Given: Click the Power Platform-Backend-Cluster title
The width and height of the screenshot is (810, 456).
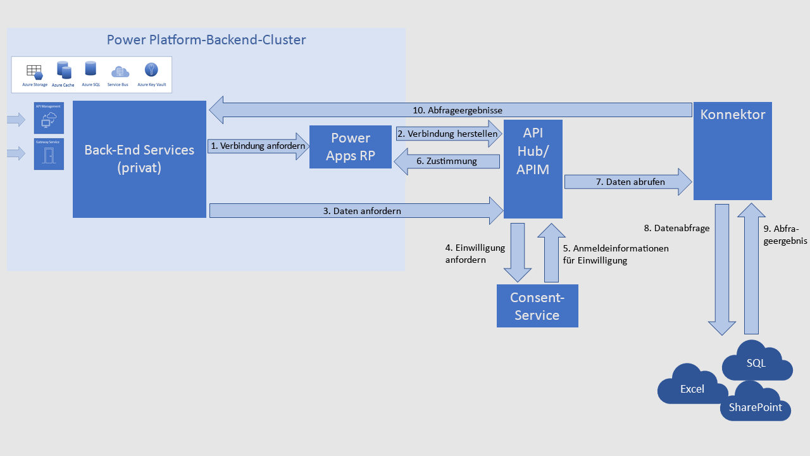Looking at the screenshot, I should tap(206, 40).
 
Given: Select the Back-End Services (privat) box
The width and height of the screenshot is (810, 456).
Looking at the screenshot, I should tap(139, 159).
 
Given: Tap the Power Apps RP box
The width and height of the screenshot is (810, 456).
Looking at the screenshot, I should tap(350, 147).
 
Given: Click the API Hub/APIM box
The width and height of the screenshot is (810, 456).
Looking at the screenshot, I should tap(533, 168).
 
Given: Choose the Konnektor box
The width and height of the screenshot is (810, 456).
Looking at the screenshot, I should tap(732, 150).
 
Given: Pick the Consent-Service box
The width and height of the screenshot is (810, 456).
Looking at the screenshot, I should tap(537, 306).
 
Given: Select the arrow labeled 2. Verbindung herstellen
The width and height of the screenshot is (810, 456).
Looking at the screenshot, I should tap(447, 134).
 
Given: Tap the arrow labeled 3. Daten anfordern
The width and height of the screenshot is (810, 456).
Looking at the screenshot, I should tap(355, 211).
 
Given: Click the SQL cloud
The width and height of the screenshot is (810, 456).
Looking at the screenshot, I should tap(756, 363).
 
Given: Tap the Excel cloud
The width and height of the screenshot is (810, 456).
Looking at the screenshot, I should tap(692, 388).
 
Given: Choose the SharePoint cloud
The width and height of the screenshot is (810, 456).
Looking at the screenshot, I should tap(755, 407).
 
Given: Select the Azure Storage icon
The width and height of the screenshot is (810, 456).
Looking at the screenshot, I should tap(34, 71).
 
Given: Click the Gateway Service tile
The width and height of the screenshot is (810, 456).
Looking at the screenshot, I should tap(49, 155).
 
